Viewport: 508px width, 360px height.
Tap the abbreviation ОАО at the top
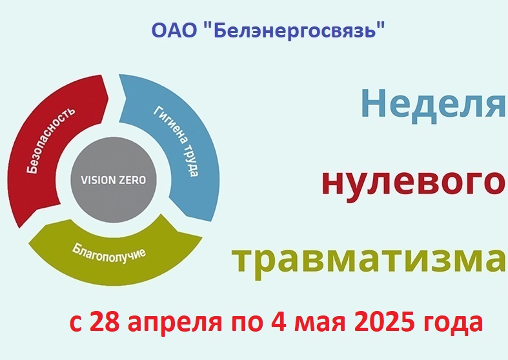pyautogui.click(x=174, y=30)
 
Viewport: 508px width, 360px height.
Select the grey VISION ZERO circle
pyautogui.click(x=114, y=179)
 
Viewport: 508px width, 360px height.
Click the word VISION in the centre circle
pyautogui.click(x=96, y=180)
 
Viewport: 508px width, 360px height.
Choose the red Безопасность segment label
pyautogui.click(x=50, y=139)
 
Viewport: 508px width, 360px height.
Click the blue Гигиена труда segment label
pyautogui.click(x=176, y=141)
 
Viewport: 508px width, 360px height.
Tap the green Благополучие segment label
pyautogui.click(x=108, y=254)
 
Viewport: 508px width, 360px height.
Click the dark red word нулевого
pyautogui.click(x=414, y=182)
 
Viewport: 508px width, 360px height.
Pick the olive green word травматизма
pyautogui.click(x=369, y=260)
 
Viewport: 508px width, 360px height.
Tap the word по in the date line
pyautogui.click(x=247, y=325)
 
